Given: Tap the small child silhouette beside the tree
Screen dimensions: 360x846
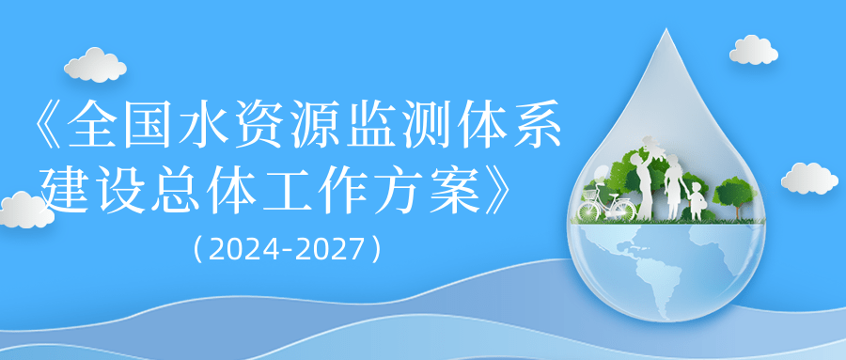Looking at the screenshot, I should [x=696, y=199].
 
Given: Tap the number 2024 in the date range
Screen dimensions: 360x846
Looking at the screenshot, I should [x=241, y=250].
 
